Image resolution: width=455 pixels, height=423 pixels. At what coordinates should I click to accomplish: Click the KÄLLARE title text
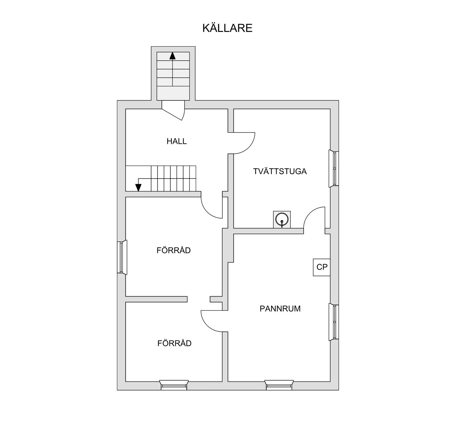(x=227, y=28)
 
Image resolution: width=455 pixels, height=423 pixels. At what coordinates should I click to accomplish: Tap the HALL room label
(x=176, y=141)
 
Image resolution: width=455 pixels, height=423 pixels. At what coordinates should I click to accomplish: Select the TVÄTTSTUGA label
(x=280, y=171)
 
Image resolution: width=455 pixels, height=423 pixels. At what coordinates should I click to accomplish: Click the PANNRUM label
(x=280, y=309)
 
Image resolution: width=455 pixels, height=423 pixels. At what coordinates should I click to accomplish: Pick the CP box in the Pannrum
(x=322, y=267)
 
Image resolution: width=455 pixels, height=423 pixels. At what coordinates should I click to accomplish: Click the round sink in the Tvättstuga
(x=282, y=220)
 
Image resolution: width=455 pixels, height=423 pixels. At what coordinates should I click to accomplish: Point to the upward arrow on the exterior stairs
(x=173, y=56)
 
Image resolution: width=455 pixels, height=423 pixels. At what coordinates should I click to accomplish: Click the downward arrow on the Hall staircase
(x=138, y=187)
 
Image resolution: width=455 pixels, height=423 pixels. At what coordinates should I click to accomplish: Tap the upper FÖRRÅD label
(x=173, y=250)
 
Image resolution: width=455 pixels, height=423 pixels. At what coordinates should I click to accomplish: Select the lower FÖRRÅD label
(x=174, y=343)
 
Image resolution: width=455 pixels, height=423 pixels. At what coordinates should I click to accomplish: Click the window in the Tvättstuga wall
(x=334, y=168)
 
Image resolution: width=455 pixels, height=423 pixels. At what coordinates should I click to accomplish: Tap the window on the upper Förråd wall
(x=122, y=257)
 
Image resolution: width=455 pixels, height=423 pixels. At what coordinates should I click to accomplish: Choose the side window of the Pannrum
(x=334, y=322)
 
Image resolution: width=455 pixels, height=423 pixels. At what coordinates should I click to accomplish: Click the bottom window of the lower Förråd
(x=174, y=385)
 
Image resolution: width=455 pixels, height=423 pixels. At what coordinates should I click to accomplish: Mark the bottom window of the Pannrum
(x=279, y=385)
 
